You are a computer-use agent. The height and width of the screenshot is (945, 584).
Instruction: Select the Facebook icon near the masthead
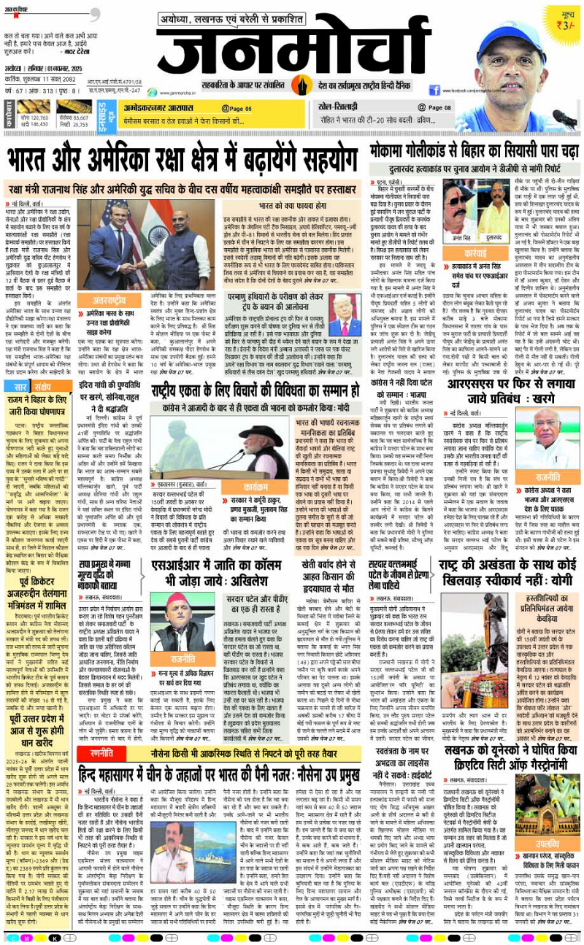434,90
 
